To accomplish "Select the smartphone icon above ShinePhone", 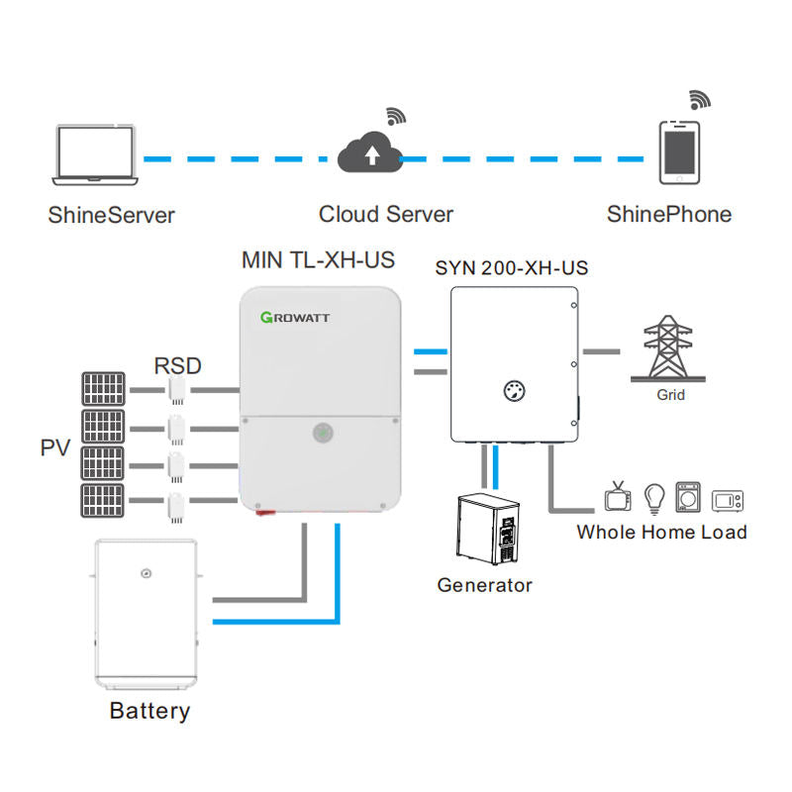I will pyautogui.click(x=679, y=153).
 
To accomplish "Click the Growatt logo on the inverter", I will pyautogui.click(x=295, y=318).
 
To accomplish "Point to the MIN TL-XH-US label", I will pyautogui.click(x=318, y=260).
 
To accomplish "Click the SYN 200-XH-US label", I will pyautogui.click(x=512, y=268).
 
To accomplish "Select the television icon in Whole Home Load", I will pyautogui.click(x=619, y=495).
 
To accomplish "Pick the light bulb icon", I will pyautogui.click(x=653, y=496).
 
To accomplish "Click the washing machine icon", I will pyautogui.click(x=688, y=496).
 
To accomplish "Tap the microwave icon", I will pyautogui.click(x=727, y=498).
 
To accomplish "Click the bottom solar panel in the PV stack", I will pyautogui.click(x=104, y=501).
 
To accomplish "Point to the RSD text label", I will pyautogui.click(x=178, y=366).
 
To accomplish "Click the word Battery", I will pyautogui.click(x=149, y=711).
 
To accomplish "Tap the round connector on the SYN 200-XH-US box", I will pyautogui.click(x=513, y=388).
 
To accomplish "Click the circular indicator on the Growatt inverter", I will pyautogui.click(x=323, y=433).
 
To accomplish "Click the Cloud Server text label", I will pyautogui.click(x=385, y=214).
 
